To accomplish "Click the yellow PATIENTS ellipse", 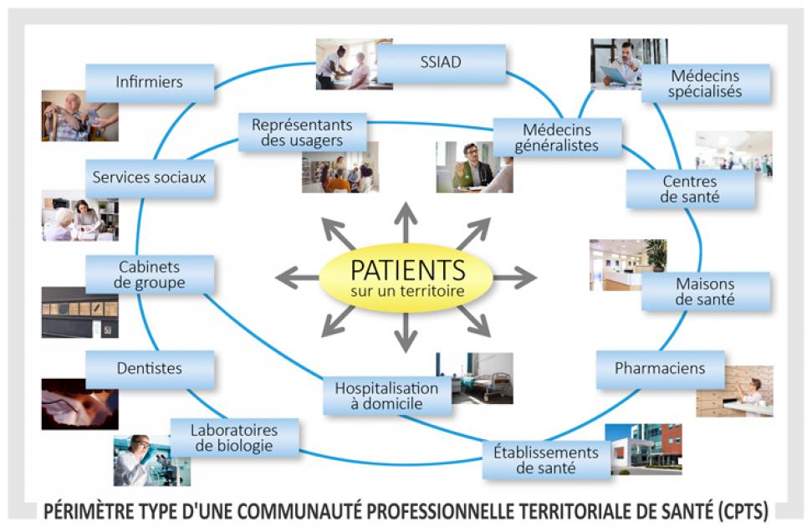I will coord(406,278).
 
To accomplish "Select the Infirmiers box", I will coord(150,83).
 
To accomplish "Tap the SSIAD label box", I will coord(441,63).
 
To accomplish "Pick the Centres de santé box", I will coord(691,189).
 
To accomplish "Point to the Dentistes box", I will coord(150,369).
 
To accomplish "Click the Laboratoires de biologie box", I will coord(234,437).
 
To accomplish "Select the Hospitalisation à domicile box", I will coord(386,396).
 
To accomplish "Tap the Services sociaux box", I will coord(150,178).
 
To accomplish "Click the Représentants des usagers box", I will coord(302,132).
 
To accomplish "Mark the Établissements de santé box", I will coord(546,459).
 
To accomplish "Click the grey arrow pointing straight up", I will coord(406,222).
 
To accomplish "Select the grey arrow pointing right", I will coord(514,278).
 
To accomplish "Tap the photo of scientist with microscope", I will coord(143,459).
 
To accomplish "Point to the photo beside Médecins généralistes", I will coord(473,166).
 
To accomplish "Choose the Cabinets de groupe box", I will coord(150,274).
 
